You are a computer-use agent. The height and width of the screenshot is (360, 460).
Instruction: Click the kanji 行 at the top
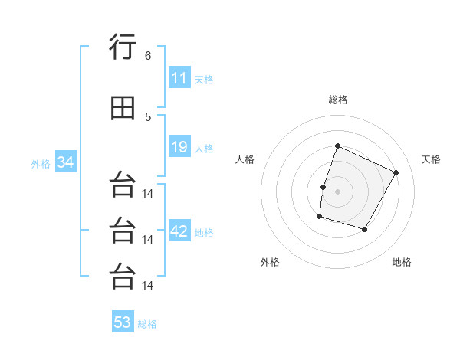tap(123, 46)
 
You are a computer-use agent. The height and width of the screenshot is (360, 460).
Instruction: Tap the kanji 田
tap(123, 108)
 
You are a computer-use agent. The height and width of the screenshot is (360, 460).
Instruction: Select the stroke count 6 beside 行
tap(148, 56)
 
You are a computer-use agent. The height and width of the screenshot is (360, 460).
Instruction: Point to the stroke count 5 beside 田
tap(148, 117)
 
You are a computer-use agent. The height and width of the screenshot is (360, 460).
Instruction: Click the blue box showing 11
tap(179, 77)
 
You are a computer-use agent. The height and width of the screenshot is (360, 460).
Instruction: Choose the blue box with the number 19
tap(179, 146)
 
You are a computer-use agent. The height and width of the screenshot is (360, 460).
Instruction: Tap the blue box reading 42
tap(179, 230)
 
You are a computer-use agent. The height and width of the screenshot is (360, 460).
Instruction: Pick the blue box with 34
tap(66, 162)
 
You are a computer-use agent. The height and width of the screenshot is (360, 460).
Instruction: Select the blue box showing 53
tap(123, 321)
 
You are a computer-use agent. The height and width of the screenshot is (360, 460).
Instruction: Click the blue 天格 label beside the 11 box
tap(204, 80)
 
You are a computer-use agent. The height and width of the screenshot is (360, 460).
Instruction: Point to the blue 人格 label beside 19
tap(204, 149)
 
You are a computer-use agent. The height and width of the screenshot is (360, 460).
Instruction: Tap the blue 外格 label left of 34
tap(41, 164)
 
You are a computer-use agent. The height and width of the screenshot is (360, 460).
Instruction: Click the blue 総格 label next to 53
tap(147, 324)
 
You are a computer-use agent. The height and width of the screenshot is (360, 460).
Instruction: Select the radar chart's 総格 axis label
tap(338, 100)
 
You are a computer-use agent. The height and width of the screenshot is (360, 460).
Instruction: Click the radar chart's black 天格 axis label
tap(431, 159)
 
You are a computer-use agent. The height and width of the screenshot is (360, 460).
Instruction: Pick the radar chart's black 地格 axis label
tap(402, 262)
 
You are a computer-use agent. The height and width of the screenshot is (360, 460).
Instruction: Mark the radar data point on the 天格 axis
tap(396, 172)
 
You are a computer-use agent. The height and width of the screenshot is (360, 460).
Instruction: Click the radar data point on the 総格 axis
tap(337, 146)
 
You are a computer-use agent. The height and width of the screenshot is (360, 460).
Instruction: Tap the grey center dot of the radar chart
tap(337, 191)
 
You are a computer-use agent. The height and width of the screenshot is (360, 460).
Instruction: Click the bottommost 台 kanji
tap(123, 276)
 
